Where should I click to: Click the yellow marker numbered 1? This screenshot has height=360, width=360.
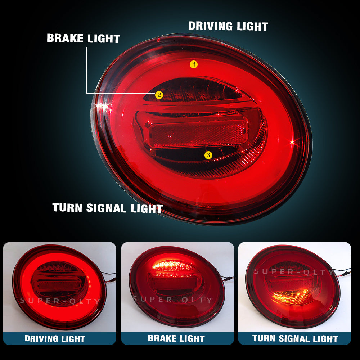[194, 64]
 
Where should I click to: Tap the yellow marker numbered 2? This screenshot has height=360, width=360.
[159, 95]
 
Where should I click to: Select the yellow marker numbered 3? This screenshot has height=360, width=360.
[208, 155]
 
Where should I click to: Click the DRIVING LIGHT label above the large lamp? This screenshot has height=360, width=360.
[228, 26]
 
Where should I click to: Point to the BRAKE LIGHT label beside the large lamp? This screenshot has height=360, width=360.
[84, 38]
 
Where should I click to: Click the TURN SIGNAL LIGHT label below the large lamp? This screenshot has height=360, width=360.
[107, 208]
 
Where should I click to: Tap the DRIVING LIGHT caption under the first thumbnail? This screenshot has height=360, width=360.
[55, 339]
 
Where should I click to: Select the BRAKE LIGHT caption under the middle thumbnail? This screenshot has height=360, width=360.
[176, 338]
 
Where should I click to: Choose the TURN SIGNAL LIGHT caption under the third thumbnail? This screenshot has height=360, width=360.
[295, 338]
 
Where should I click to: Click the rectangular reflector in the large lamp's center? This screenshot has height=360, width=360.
[198, 133]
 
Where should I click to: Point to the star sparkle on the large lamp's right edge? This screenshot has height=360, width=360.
[292, 142]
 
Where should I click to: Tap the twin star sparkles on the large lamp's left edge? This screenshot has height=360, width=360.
[102, 106]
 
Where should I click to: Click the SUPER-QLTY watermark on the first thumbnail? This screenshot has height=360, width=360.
[60, 301]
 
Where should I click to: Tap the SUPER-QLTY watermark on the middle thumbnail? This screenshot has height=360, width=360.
[172, 299]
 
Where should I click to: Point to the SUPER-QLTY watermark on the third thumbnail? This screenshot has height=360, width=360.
[294, 271]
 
